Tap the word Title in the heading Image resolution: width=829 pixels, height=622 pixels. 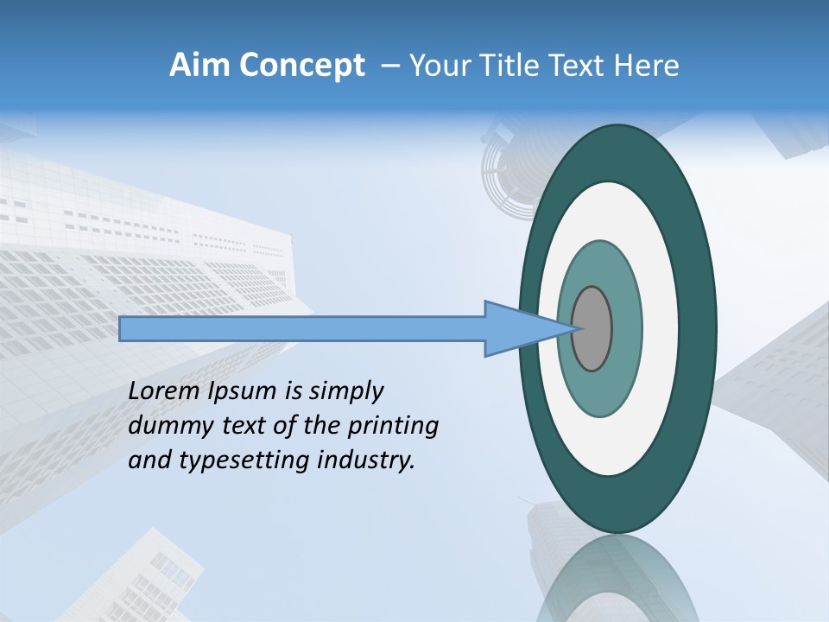[510, 66]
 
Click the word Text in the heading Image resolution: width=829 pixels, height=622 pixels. [579, 66]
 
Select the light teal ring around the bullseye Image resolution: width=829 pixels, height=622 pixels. [600, 393]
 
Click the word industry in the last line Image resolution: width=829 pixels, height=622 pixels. [366, 461]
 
